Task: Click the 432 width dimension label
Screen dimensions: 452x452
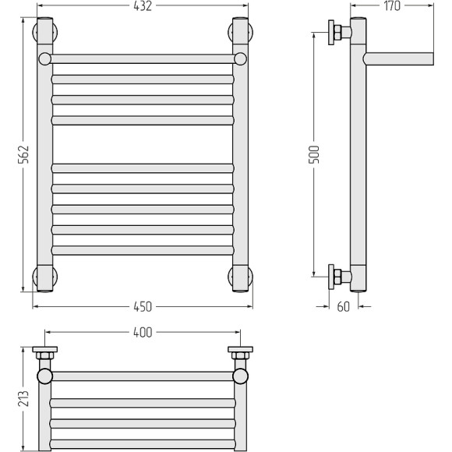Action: tap(143, 6)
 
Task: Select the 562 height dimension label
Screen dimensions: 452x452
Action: tap(23, 154)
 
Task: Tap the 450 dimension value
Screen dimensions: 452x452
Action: tap(143, 307)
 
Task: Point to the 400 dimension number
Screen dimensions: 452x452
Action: tap(143, 333)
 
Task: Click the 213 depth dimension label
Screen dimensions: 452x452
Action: tap(23, 398)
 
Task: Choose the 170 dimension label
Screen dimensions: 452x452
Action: tap(392, 6)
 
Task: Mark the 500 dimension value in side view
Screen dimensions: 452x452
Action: tap(314, 154)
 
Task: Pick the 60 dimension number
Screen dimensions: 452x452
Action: tap(344, 307)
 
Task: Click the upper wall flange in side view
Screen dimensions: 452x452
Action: tap(331, 33)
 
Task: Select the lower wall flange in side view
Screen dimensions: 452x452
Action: tap(331, 277)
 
